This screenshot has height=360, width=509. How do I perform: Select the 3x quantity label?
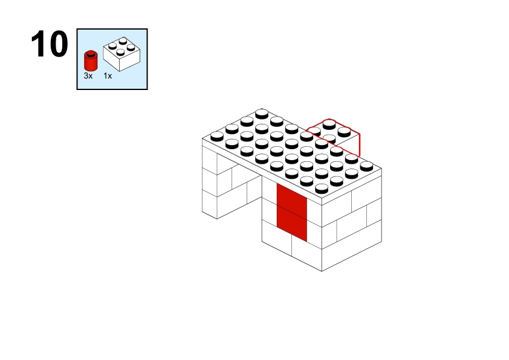[x=88, y=76]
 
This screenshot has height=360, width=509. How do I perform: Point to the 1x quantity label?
[x=108, y=76]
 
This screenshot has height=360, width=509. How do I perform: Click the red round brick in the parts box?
[x=91, y=60]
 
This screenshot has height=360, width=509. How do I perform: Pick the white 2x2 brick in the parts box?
[x=122, y=54]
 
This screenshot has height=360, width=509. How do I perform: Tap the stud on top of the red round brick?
[x=91, y=53]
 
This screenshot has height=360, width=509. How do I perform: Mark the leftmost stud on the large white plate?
[x=217, y=137]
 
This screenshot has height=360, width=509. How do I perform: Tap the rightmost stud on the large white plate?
[x=366, y=166]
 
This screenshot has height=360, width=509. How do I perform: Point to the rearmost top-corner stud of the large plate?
[x=262, y=114]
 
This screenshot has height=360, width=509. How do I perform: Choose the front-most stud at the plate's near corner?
[x=322, y=188]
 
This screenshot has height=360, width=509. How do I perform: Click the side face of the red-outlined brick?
[x=349, y=144]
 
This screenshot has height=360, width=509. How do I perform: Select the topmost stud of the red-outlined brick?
[x=329, y=124]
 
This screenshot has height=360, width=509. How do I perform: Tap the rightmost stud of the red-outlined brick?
[x=344, y=131]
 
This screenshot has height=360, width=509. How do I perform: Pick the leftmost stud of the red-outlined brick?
[x=314, y=131]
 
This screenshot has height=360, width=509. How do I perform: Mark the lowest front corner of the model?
[x=322, y=271]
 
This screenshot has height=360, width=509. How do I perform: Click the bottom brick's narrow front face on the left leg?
[x=209, y=204]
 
